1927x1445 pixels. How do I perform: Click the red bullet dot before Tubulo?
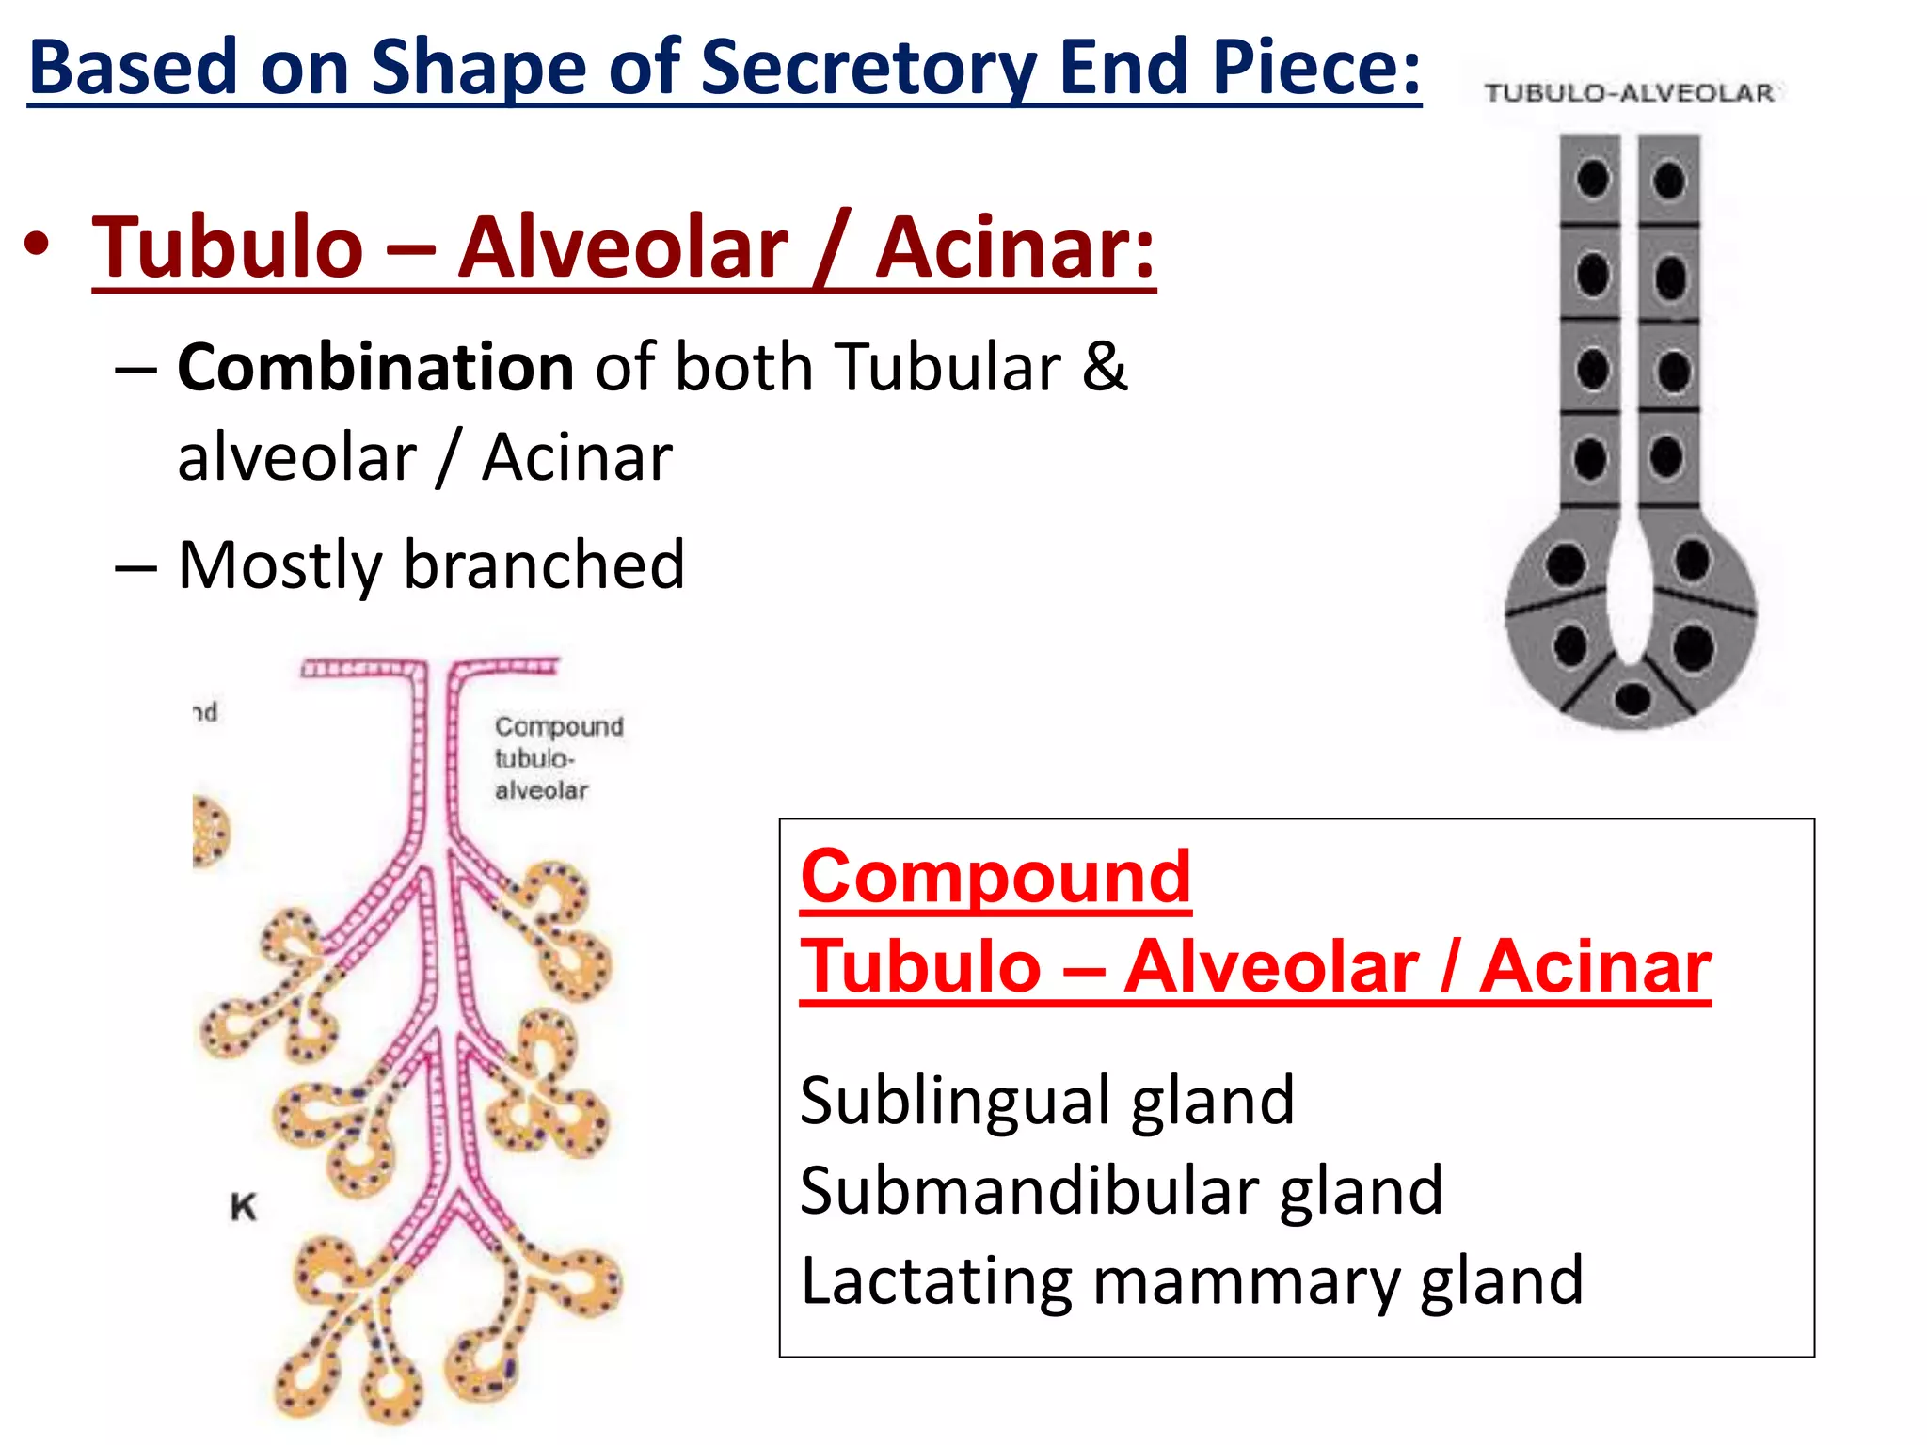coord(37,246)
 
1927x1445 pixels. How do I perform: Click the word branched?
coord(544,565)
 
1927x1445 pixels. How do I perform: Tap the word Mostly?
coord(279,565)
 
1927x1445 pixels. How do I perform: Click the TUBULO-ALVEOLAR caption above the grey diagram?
coord(1629,93)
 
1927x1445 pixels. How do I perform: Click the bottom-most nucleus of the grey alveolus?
coord(1632,698)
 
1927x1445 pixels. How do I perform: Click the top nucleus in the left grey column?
coord(1593,179)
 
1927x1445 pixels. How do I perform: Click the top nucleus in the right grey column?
coord(1669,180)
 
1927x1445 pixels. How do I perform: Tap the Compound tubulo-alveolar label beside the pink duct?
coord(557,758)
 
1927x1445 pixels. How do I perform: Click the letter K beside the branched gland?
coord(243,1207)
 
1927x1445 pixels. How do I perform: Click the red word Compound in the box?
coord(995,877)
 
